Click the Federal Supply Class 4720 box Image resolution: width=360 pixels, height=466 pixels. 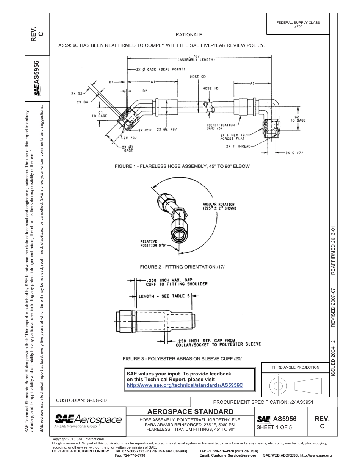click(x=298, y=25)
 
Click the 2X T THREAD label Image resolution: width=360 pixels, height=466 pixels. click(x=238, y=146)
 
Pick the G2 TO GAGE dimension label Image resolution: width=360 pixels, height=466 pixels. click(x=298, y=119)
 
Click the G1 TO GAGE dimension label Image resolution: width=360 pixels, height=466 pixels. click(x=100, y=114)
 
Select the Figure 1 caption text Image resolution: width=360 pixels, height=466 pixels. click(x=182, y=166)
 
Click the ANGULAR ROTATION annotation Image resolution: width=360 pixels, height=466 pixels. click(x=219, y=206)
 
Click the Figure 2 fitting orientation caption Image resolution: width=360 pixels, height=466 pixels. click(x=182, y=267)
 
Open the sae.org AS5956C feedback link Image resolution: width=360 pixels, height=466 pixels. click(x=184, y=385)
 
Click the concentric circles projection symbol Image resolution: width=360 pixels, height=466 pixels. click(x=279, y=386)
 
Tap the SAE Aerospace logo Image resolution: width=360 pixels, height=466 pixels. click(x=88, y=421)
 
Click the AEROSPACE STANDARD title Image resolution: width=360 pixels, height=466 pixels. click(x=190, y=411)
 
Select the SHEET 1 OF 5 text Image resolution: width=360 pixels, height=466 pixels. click(x=274, y=428)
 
